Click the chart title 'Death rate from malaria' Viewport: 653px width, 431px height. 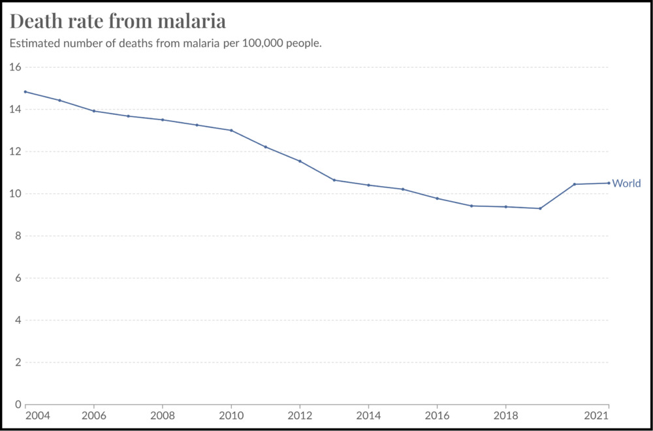[118, 22]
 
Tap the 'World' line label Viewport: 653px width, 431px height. [626, 184]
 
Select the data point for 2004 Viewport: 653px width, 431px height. [25, 91]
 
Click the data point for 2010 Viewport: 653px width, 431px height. [231, 130]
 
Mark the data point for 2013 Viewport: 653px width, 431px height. [334, 180]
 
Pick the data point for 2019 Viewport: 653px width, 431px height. [540, 208]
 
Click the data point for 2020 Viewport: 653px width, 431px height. [575, 184]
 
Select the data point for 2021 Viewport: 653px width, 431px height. [609, 183]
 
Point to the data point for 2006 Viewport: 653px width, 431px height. [94, 111]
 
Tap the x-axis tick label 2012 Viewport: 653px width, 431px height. [300, 416]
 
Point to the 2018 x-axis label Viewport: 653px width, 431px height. [505, 416]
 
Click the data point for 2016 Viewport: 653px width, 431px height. [437, 199]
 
